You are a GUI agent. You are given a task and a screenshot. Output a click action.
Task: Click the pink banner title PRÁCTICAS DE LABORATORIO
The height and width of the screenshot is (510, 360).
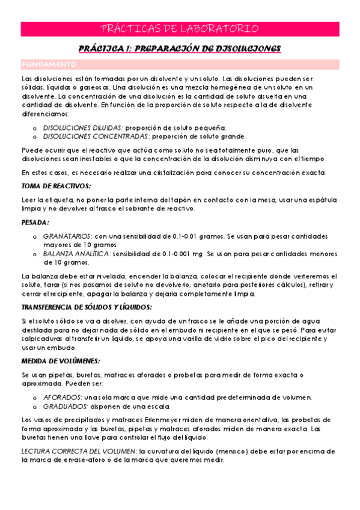pos(180,28)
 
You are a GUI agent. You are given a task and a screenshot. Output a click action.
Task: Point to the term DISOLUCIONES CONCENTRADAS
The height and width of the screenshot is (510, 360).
pos(93,137)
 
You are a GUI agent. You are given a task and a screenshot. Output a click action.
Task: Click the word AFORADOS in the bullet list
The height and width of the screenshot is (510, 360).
pos(63,398)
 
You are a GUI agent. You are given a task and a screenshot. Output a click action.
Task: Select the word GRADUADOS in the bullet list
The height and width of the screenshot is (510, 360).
pos(65,406)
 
